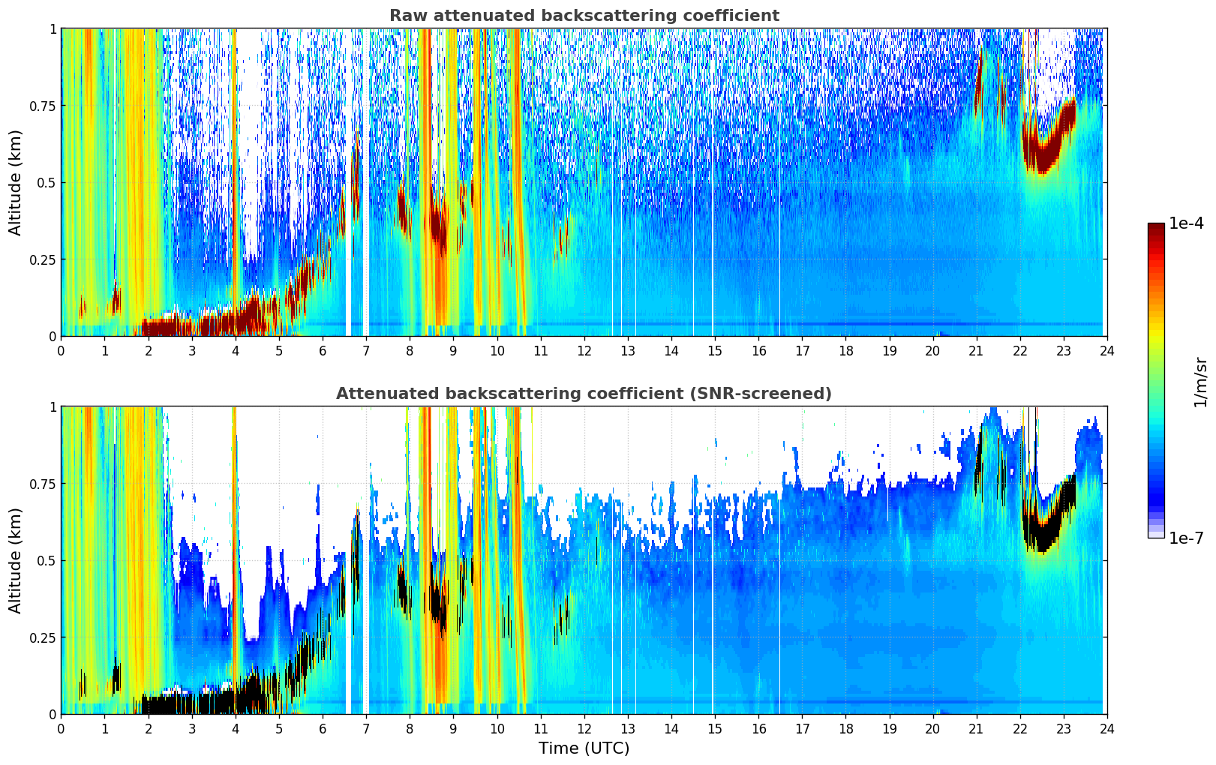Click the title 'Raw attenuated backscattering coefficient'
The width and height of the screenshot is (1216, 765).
click(x=584, y=15)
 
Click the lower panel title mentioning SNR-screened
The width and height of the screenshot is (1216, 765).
click(x=584, y=393)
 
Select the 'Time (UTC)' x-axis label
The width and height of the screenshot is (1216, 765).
click(x=584, y=748)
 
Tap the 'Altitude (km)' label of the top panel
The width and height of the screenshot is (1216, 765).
click(x=15, y=182)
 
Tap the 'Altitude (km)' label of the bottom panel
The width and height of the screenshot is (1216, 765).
click(x=15, y=560)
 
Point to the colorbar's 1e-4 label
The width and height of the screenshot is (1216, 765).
click(x=1186, y=223)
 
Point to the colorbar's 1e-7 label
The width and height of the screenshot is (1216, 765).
click(x=1186, y=538)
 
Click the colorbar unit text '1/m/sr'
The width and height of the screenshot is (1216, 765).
click(x=1201, y=381)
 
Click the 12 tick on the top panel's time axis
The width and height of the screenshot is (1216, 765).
click(x=584, y=351)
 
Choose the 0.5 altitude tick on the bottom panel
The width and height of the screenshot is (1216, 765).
click(x=47, y=560)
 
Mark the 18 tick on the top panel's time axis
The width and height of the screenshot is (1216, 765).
click(x=845, y=351)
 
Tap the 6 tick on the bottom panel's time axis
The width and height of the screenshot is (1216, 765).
click(x=323, y=729)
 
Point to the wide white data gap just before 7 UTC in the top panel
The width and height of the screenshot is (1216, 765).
click(x=349, y=182)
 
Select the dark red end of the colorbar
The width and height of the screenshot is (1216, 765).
click(x=1156, y=228)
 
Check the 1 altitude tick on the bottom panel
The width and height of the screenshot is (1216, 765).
click(x=53, y=407)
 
